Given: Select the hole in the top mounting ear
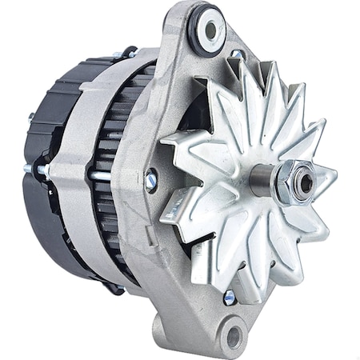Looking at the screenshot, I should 211,30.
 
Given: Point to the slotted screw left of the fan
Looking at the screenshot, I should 150,182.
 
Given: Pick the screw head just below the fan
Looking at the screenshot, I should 230,297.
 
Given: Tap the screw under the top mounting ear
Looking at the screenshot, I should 236,57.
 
